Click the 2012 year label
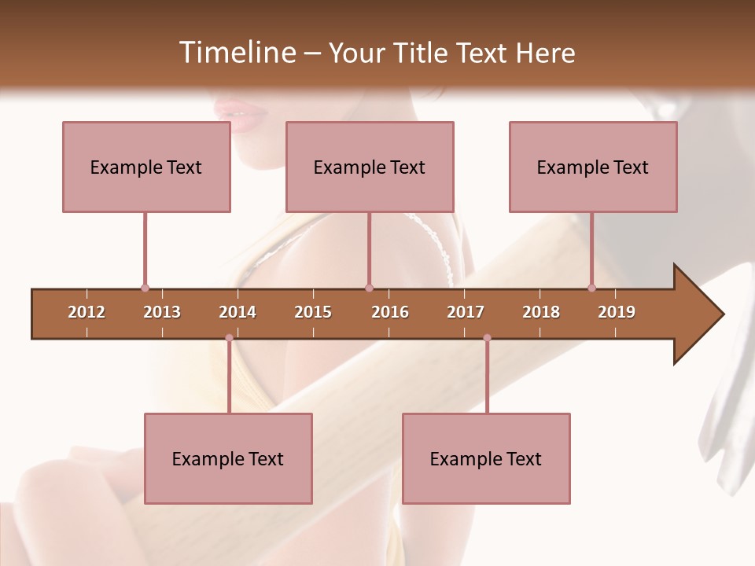87,312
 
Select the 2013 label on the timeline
162,312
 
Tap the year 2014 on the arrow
238,312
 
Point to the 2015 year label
313,312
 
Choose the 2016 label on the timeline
390,312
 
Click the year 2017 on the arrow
466,312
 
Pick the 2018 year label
541,312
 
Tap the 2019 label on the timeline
617,312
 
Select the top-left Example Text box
146,167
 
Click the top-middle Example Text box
370,167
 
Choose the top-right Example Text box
593,167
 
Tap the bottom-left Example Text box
228,458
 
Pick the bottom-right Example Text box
486,458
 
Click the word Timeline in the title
236,53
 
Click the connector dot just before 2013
145,288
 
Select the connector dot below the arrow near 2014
229,338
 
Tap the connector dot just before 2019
591,288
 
